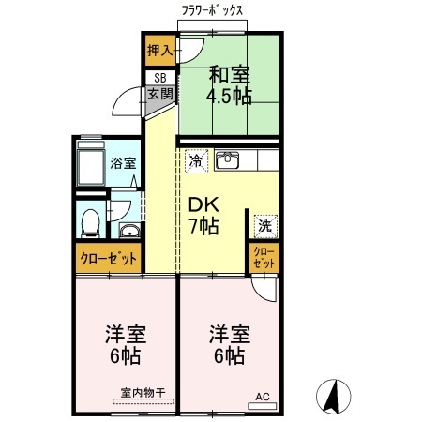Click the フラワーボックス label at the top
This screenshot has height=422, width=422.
(212, 10)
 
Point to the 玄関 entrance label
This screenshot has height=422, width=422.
(158, 94)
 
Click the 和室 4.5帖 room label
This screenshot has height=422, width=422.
(228, 83)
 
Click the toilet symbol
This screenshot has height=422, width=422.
(90, 222)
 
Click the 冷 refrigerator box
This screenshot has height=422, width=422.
(196, 160)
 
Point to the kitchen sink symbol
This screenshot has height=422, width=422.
(229, 160)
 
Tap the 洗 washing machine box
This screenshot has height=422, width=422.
(264, 225)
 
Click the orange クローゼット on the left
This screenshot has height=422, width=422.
(108, 259)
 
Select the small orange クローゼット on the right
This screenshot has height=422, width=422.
(264, 259)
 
